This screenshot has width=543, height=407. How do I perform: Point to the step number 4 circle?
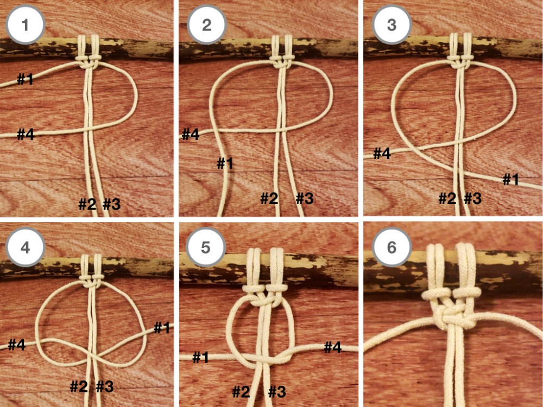tap(25, 247)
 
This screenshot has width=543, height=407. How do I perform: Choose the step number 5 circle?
tap(206, 247)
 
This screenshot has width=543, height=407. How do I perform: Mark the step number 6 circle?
tap(392, 247)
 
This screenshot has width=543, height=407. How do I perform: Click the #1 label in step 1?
tap(25, 80)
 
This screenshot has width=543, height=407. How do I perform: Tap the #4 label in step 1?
tap(26, 134)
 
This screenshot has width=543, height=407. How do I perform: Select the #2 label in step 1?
tap(87, 205)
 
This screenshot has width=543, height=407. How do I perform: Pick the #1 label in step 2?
tap(225, 163)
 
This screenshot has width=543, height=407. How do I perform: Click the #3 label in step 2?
tap(305, 199)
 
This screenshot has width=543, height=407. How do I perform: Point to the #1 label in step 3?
tap(510, 180)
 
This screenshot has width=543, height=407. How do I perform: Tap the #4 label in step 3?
tap(382, 154)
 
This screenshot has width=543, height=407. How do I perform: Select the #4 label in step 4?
tap(17, 345)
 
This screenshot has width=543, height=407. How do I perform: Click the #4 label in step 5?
tap(333, 347)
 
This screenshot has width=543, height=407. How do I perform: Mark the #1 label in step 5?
tap(200, 357)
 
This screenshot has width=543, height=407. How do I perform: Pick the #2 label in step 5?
tap(241, 391)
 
